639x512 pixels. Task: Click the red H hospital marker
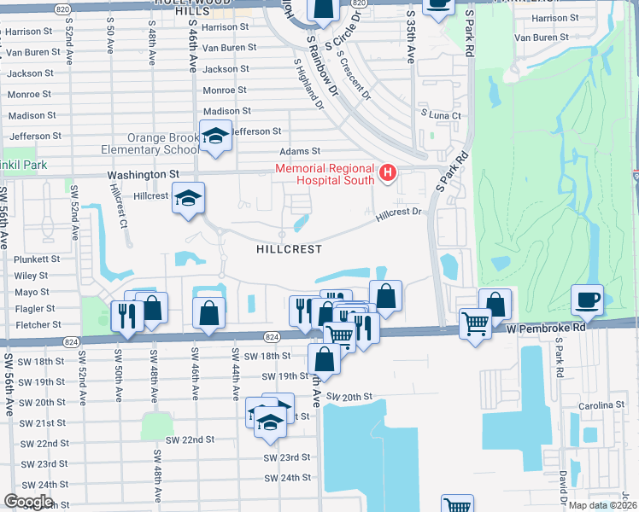coord(388,173)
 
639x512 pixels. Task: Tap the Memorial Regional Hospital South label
coord(325,174)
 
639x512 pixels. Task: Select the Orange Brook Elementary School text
coord(163,143)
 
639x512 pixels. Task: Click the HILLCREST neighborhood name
coord(289,249)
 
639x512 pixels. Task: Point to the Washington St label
coord(143,173)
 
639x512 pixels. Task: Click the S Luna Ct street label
coord(440,115)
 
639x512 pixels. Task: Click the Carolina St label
coord(601,405)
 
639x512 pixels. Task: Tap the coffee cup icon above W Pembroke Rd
coord(589,300)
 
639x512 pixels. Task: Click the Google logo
coord(27,501)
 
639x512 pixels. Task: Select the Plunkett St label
coord(37,259)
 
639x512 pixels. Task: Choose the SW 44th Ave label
coord(233,372)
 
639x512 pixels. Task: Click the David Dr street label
coord(563,486)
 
